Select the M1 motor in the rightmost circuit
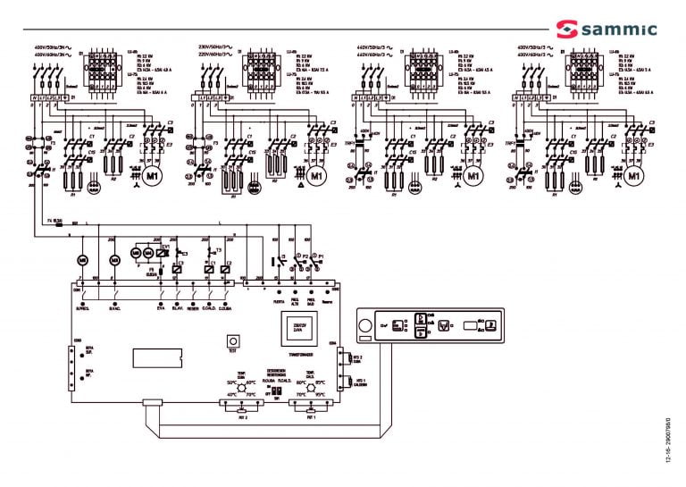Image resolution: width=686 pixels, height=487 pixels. (634, 175)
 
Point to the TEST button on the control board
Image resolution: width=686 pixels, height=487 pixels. (232, 340)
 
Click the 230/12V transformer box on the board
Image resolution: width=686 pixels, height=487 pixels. (297, 328)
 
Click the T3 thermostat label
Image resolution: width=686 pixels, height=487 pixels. (218, 250)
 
